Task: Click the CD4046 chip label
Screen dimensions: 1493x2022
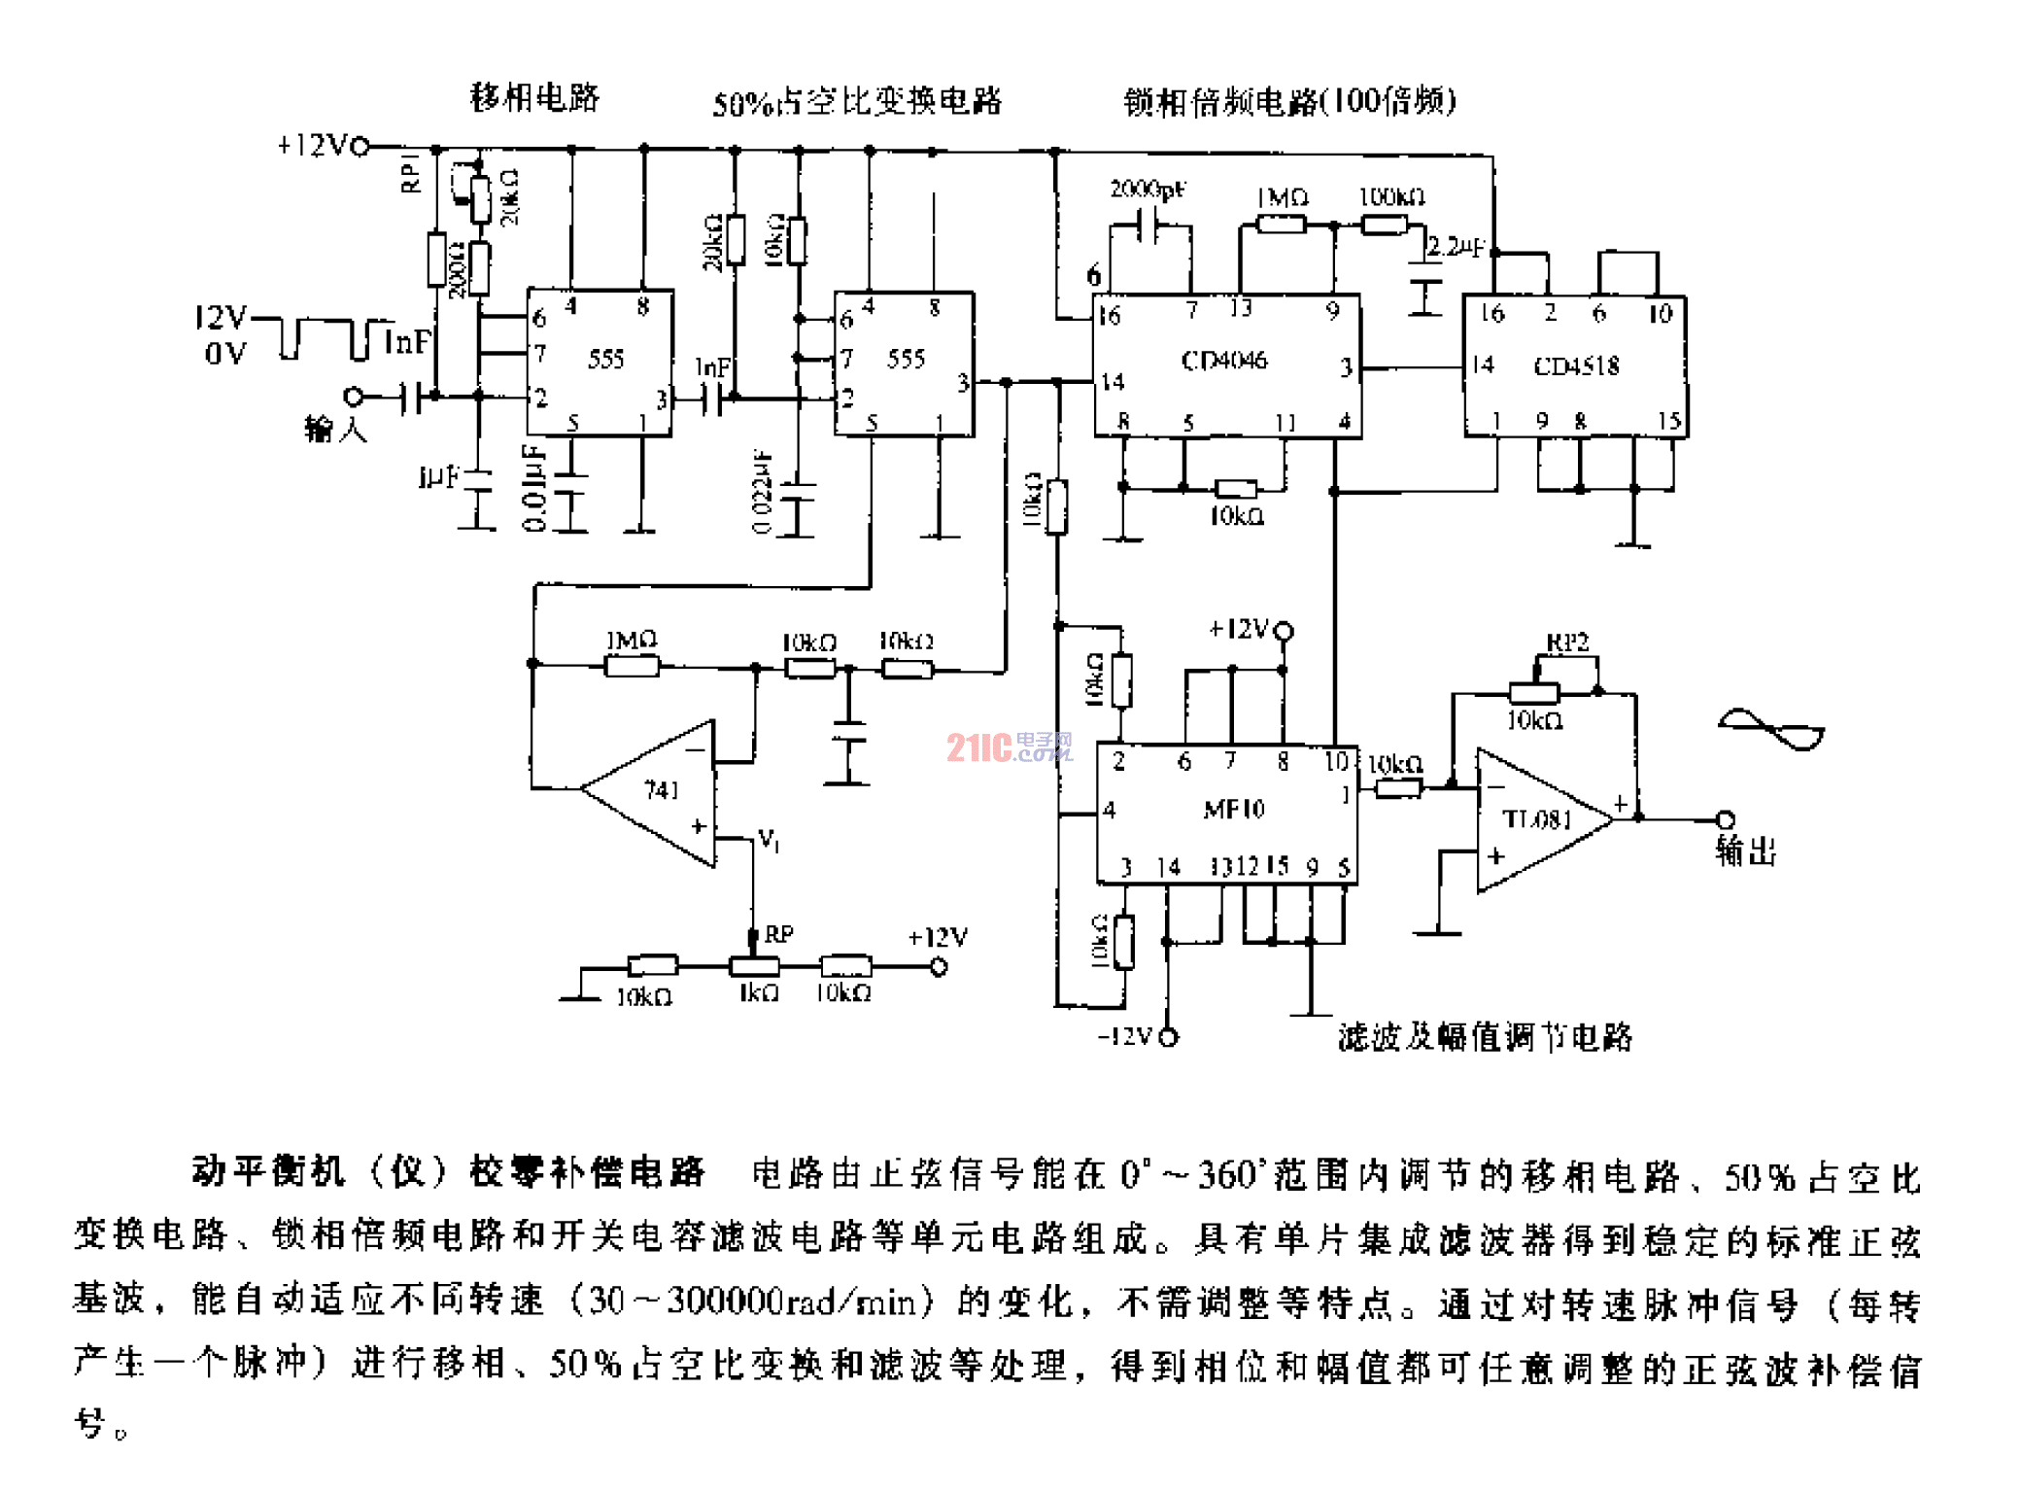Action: (x=1223, y=361)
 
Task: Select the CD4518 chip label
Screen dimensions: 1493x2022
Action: (x=1576, y=366)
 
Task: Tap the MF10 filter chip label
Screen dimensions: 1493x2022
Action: (x=1233, y=809)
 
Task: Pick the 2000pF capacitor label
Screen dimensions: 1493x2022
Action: (x=1147, y=189)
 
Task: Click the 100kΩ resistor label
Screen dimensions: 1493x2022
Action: (x=1390, y=197)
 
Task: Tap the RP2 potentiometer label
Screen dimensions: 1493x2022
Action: (x=1566, y=642)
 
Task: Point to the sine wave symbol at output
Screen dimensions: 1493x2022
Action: (x=1770, y=730)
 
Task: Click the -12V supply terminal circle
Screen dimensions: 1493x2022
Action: (x=1169, y=1037)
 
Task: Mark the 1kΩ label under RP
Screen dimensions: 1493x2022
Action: (x=758, y=993)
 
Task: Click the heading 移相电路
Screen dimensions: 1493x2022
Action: (x=534, y=97)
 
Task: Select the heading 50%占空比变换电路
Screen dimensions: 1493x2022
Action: (x=856, y=102)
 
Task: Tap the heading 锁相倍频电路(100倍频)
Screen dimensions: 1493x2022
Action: (x=1289, y=101)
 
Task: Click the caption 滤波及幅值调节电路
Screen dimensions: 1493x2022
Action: (x=1484, y=1037)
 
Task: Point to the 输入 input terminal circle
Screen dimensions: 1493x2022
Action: (x=354, y=397)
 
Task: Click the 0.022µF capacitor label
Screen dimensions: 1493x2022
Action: (x=762, y=491)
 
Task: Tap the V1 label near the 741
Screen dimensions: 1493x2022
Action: (x=769, y=839)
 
